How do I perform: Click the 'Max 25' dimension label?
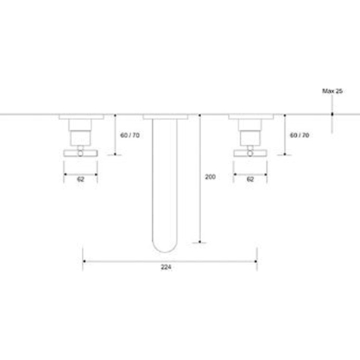[x=332, y=91]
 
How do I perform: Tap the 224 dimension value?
[x=166, y=267]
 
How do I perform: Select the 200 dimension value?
[x=210, y=177]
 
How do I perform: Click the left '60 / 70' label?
[x=130, y=135]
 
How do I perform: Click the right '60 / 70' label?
[x=299, y=135]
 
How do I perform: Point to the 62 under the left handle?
[x=80, y=179]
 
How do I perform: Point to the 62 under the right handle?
[x=250, y=179]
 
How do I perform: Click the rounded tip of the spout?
[x=165, y=250]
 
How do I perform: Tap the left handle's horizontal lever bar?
[x=80, y=153]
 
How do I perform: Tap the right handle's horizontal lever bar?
[x=250, y=153]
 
